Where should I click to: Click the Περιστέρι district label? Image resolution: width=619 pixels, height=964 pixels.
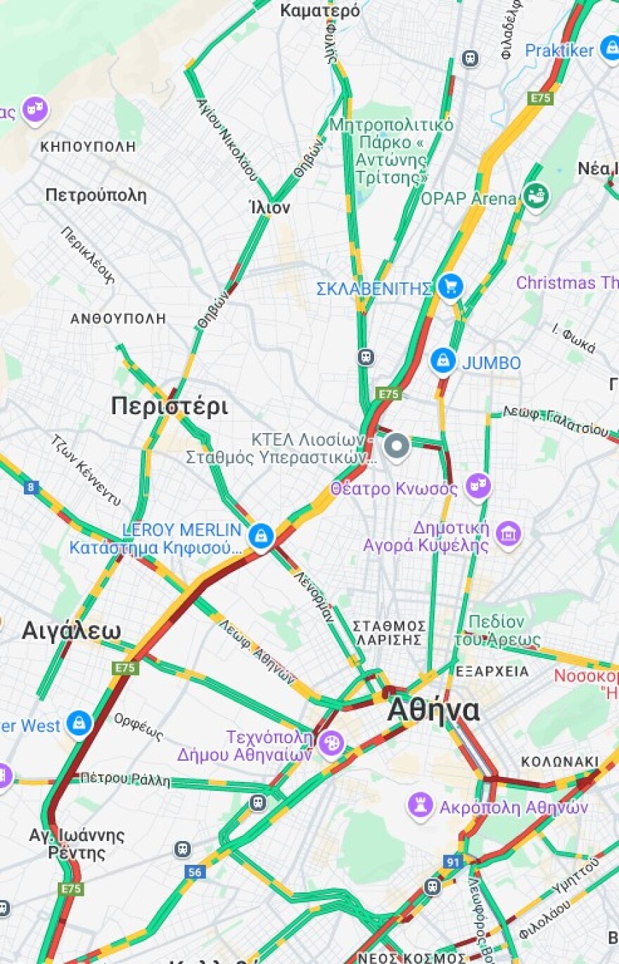[x=169, y=406]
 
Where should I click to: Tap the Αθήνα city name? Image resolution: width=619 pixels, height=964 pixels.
[x=433, y=710]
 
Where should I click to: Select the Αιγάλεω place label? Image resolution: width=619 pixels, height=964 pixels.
[x=71, y=630]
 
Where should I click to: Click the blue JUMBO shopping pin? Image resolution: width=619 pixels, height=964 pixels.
[x=443, y=361]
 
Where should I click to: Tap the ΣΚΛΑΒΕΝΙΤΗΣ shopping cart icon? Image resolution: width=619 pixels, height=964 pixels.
[x=450, y=287]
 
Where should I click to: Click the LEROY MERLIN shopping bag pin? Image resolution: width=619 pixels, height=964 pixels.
[x=261, y=536]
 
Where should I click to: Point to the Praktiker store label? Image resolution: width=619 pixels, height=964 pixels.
[x=559, y=51]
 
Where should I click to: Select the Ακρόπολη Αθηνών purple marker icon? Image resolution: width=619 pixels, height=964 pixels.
[x=420, y=806]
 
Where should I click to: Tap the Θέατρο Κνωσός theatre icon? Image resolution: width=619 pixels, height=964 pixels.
[x=478, y=486]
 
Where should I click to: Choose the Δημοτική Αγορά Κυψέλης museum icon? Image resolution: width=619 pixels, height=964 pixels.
[x=508, y=534]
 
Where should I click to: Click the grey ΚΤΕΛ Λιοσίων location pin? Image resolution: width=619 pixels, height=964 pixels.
[x=397, y=446]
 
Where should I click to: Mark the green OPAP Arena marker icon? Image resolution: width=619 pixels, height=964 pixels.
[x=536, y=195]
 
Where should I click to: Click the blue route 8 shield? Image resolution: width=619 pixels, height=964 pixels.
[x=31, y=487]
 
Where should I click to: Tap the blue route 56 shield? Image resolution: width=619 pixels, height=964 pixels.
[x=195, y=872]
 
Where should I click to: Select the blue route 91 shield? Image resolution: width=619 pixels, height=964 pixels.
[x=453, y=861]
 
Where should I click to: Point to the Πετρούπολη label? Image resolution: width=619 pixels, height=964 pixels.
[x=96, y=195]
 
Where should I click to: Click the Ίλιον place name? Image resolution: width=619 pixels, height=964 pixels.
[x=269, y=208]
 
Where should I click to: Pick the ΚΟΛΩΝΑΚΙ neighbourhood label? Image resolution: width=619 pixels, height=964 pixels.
[x=560, y=761]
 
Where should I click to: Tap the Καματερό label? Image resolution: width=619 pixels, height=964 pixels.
[x=320, y=11]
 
